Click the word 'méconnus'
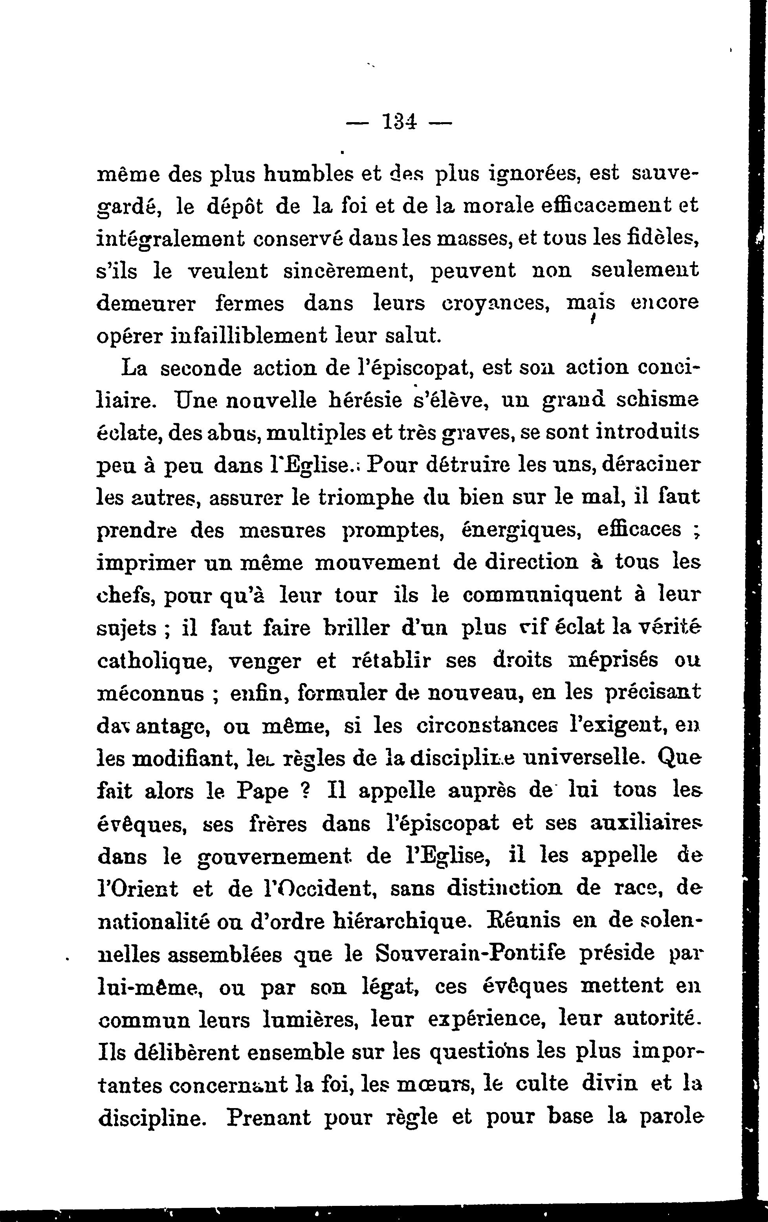150,693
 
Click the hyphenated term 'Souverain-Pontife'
471,953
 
